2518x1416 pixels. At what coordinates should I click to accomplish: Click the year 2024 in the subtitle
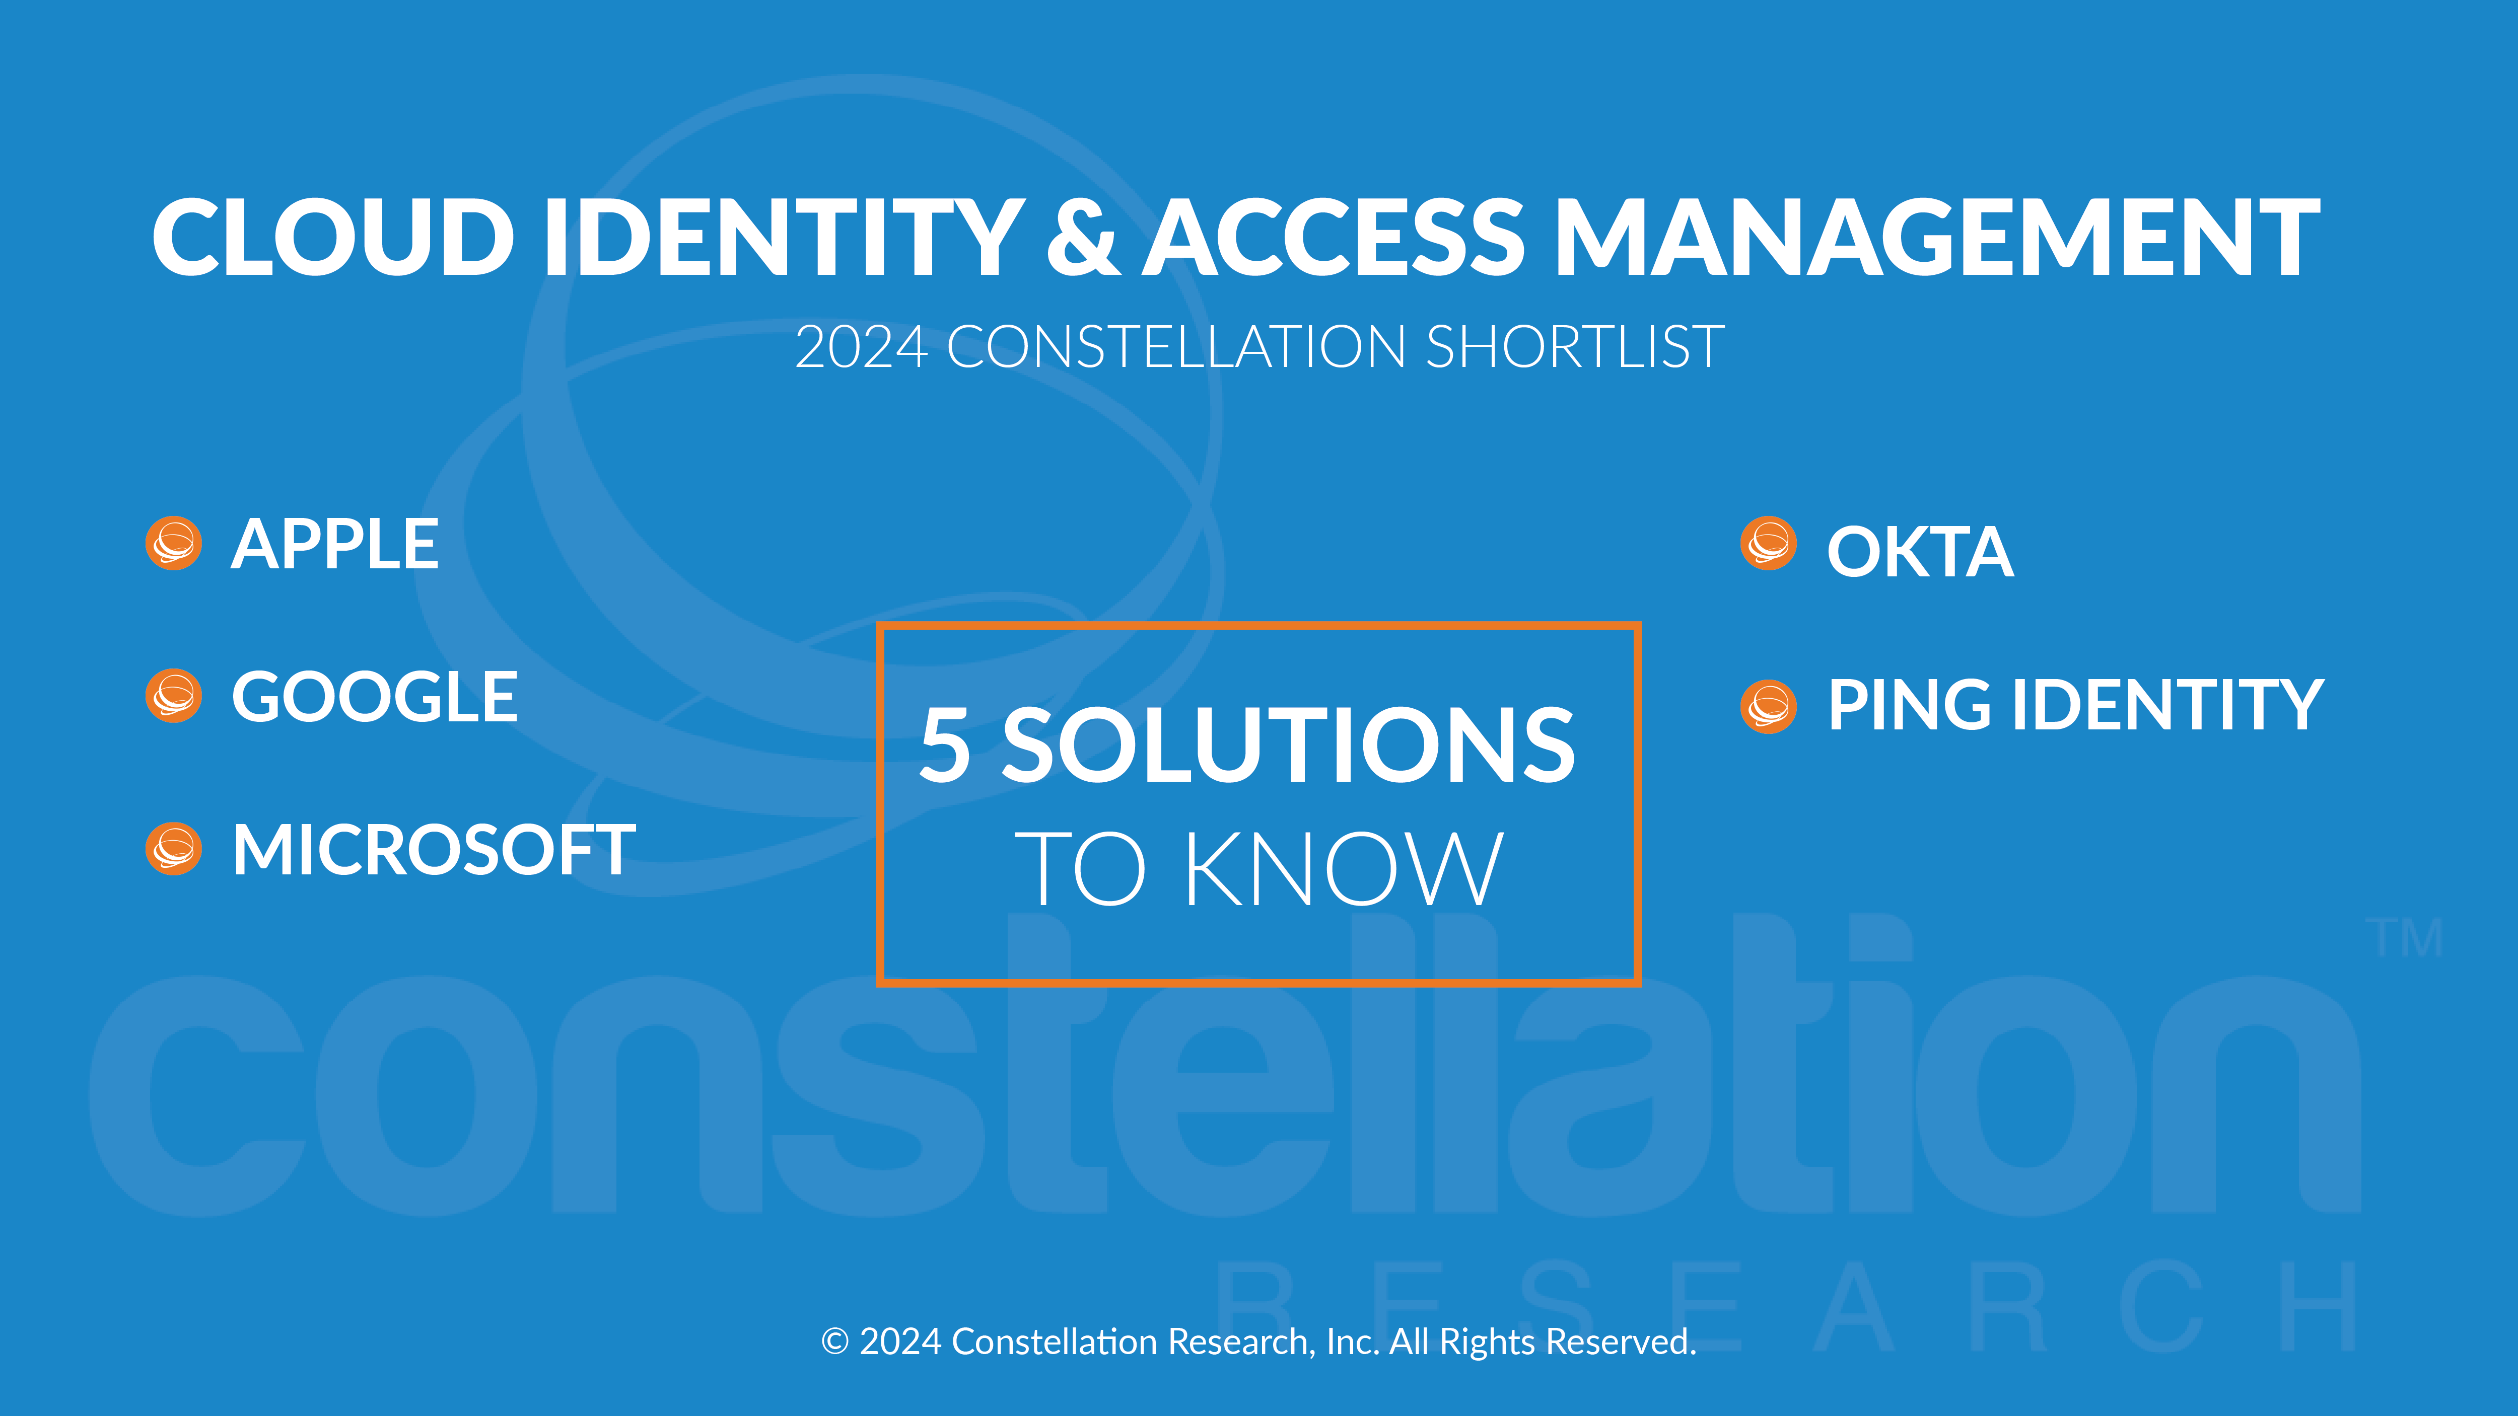coord(861,347)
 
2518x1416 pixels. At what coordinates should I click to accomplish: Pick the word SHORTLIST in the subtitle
coord(1575,347)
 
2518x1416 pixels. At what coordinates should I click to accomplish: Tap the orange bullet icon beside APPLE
coord(174,543)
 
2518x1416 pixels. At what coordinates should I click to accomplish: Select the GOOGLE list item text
coord(374,697)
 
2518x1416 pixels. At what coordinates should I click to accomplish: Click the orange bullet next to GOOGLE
coord(174,696)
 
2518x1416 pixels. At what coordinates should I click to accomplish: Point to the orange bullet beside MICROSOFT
coord(174,848)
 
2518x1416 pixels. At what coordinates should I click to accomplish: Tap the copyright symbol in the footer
coord(835,1342)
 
